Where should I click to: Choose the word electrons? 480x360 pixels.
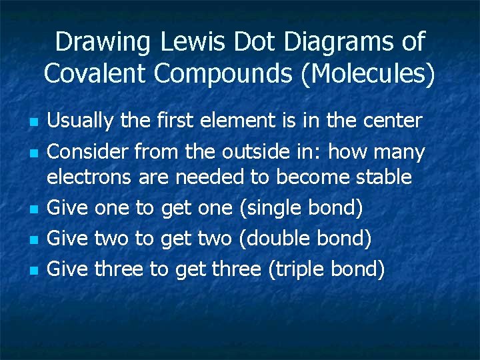coord(90,177)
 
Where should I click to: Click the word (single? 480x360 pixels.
coord(270,208)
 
